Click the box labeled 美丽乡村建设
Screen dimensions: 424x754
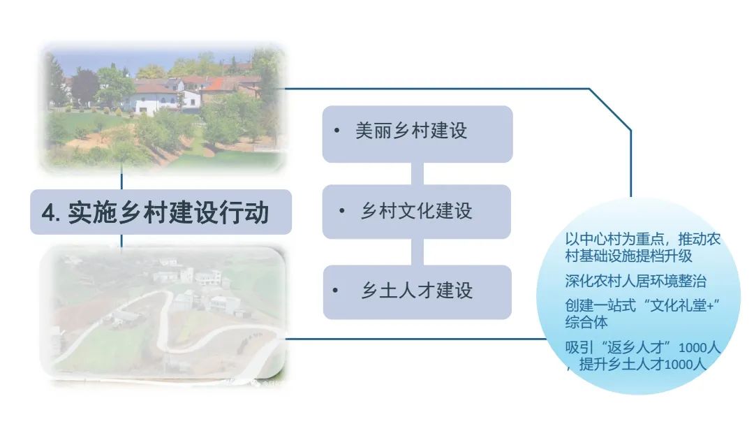(x=417, y=132)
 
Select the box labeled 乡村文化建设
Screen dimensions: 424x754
(x=417, y=211)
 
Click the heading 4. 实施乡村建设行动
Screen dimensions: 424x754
(x=161, y=212)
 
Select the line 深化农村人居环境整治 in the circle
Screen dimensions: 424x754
(x=635, y=282)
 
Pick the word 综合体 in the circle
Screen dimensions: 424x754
(x=586, y=322)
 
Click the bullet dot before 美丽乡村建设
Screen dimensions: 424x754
(x=337, y=131)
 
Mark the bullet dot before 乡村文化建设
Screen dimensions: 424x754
(x=341, y=211)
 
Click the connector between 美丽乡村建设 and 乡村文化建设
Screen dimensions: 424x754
(x=417, y=173)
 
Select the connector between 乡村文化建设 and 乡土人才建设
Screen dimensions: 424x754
(x=417, y=251)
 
